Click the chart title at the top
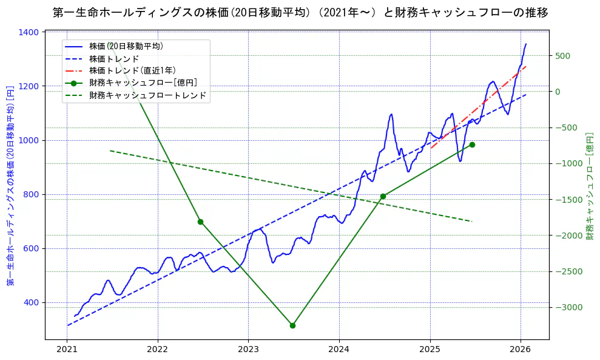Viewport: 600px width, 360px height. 300,13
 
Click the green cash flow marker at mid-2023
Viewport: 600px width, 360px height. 292,325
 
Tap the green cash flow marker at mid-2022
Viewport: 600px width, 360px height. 200,222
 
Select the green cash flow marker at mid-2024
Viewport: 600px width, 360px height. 383,196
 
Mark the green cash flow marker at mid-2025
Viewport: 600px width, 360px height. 472,144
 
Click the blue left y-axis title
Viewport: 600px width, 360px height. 10,186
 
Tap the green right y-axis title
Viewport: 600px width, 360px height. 589,186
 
